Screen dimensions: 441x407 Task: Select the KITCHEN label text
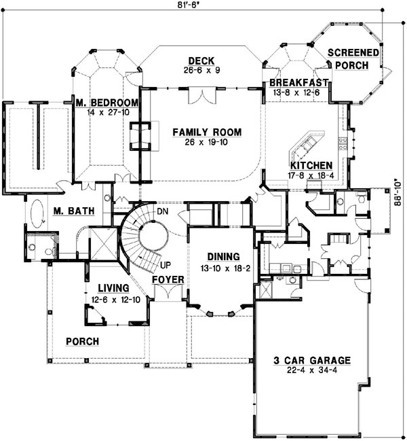(x=311, y=165)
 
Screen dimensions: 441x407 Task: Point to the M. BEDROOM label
(x=108, y=103)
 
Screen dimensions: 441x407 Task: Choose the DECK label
(x=201, y=59)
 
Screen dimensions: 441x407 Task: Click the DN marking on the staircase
(x=162, y=211)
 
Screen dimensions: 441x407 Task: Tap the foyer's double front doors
(x=166, y=294)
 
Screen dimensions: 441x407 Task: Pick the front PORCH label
(x=82, y=341)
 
